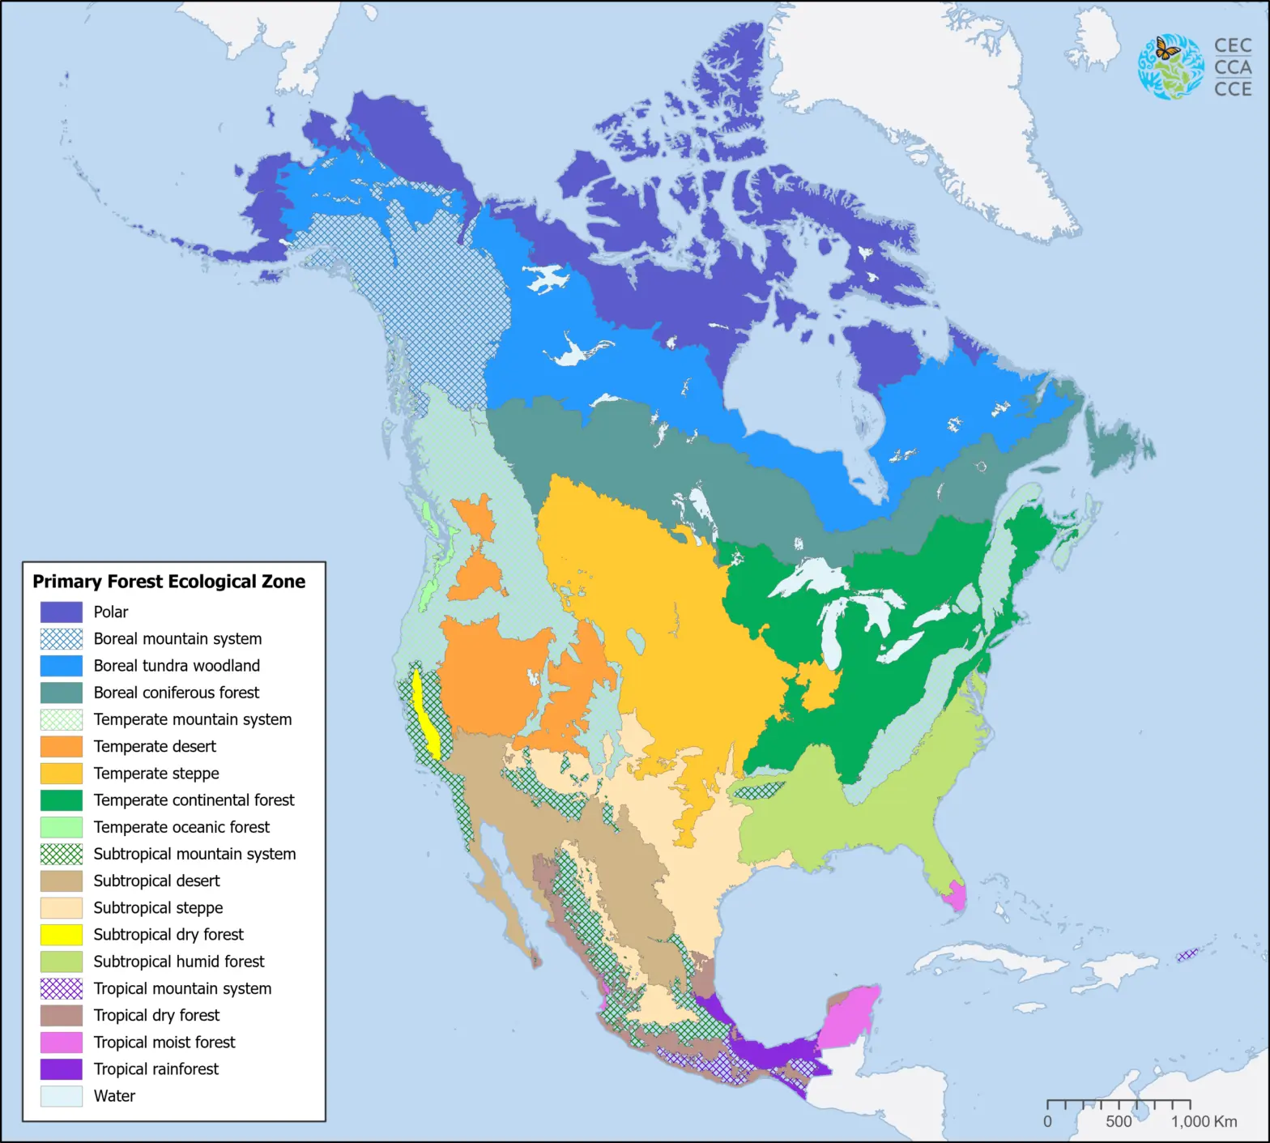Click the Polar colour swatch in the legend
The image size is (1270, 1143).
click(x=62, y=612)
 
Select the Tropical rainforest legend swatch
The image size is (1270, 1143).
click(x=62, y=1069)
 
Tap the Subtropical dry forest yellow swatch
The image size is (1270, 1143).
click(x=62, y=935)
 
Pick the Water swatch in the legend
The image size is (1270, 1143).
click(x=62, y=1096)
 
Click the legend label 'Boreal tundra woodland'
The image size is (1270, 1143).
click(x=177, y=666)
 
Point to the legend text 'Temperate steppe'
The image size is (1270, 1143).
click(x=156, y=774)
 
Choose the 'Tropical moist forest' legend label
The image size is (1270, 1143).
click(x=164, y=1043)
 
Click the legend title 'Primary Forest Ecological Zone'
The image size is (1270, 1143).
click(x=168, y=582)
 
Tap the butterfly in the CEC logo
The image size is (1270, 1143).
click(x=1167, y=49)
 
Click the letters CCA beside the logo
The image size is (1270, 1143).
click(x=1233, y=67)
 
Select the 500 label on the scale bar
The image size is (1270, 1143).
click(x=1119, y=1122)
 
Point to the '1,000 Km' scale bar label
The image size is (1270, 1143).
click(x=1204, y=1122)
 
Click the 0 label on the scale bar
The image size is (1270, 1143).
click(x=1047, y=1122)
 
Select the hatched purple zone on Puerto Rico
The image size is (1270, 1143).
click(x=1187, y=955)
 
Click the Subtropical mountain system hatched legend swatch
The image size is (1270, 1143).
click(x=62, y=854)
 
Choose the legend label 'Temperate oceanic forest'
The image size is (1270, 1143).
click(x=181, y=827)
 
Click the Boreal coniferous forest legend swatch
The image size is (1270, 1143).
click(x=62, y=693)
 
